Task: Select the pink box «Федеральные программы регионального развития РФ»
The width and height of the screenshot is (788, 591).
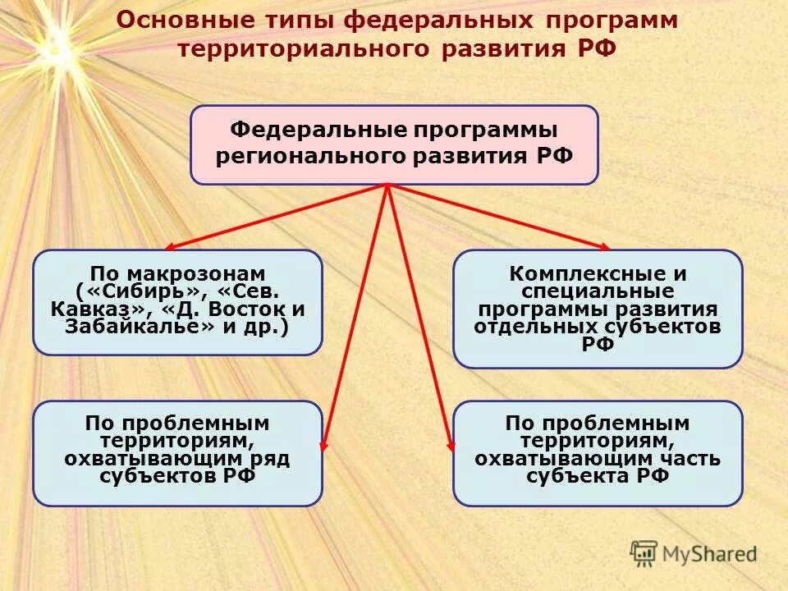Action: pos(394,144)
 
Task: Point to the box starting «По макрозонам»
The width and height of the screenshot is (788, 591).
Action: pos(177,301)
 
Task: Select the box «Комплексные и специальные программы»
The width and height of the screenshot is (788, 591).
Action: pos(598,309)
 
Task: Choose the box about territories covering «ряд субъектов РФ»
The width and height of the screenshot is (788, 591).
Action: pos(177,453)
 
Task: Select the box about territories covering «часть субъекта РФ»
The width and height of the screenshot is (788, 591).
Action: pos(598,453)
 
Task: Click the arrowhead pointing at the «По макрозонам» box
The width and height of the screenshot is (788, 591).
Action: pos(170,246)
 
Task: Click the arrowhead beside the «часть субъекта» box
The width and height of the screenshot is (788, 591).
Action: pos(450,443)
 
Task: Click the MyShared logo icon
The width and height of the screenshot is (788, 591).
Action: pos(644,552)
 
